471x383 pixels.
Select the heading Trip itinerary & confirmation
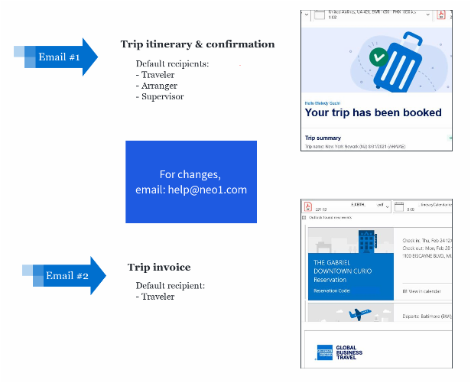197,44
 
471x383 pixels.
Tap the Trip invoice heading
159,267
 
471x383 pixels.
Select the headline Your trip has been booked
372,112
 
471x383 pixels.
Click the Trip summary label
323,138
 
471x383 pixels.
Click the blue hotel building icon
365,242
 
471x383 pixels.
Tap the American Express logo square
325,352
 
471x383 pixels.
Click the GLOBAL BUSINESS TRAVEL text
349,352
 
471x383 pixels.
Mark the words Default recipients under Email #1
172,63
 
